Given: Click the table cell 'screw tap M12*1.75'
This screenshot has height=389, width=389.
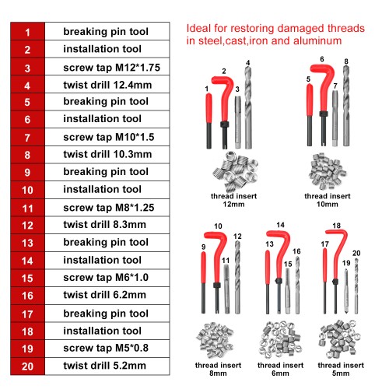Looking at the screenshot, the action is coord(107,67).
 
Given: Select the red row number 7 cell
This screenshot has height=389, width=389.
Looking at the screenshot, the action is coord(27,137).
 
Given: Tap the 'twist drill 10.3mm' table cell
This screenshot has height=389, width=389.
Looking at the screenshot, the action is coord(107,155).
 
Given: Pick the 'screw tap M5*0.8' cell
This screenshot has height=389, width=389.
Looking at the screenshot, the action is coord(107,349).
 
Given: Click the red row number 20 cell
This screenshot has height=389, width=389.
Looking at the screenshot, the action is coord(27,366).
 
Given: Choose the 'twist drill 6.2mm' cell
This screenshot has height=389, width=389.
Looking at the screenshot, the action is coord(107,296).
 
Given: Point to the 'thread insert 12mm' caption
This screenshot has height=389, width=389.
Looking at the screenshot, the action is coord(233,200).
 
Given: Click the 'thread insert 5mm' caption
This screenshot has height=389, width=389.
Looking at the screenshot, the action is coord(341,369).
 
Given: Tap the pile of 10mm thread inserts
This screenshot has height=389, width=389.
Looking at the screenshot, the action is coord(328,171).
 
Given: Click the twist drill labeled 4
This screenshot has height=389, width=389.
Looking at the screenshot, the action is coord(248,107).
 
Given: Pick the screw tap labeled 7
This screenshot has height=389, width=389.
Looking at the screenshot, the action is coord(335,118).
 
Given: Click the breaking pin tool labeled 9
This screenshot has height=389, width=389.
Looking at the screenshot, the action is coord(204,282).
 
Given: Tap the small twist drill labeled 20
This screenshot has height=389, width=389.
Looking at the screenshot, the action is coord(356,286).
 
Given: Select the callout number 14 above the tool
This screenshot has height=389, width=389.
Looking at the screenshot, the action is coord(280,225).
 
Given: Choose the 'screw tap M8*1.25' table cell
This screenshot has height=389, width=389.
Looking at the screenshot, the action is coord(107,208).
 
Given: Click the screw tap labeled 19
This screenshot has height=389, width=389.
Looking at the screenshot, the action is coord(345,292).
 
